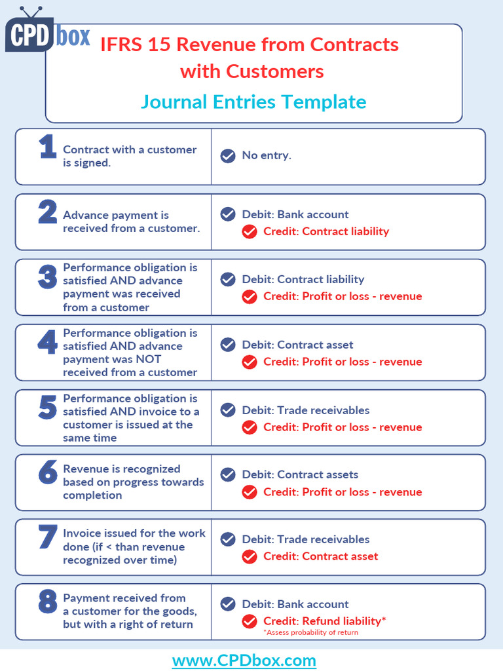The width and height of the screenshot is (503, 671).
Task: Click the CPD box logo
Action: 47,33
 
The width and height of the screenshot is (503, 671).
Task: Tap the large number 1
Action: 47,147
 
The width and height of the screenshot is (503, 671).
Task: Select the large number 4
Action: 47,343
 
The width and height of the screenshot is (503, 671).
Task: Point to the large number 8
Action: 47,602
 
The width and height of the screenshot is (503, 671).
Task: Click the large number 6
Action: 47,472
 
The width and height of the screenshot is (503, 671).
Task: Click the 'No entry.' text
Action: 267,155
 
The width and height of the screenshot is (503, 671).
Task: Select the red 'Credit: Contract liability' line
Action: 326,231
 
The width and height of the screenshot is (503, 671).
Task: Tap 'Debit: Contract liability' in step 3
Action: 303,279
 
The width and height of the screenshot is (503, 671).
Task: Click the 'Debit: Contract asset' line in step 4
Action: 297,345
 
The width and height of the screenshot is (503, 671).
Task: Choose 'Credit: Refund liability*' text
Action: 324,621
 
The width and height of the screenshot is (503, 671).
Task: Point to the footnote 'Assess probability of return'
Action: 311,632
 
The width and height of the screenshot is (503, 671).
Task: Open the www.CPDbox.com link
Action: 244,661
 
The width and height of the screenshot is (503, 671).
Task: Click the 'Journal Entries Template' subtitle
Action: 253,102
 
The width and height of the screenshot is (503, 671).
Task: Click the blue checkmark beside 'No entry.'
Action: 228,156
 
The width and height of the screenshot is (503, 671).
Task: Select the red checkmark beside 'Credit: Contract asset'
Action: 249,557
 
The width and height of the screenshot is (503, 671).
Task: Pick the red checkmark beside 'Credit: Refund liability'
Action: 249,621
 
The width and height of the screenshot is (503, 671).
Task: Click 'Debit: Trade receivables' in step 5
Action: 305,410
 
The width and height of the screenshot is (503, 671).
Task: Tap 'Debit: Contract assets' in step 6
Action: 300,474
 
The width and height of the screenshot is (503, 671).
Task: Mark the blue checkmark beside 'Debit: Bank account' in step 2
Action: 228,214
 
